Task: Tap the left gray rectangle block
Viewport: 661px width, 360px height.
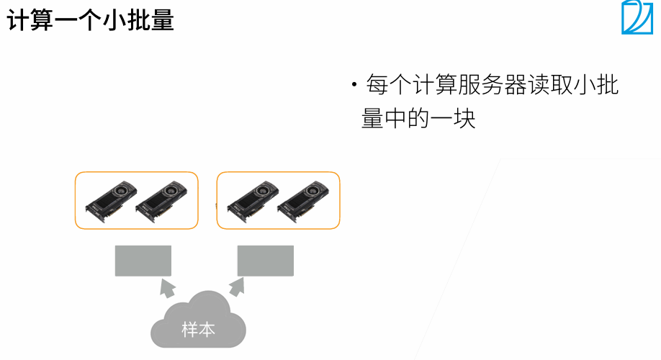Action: (x=143, y=261)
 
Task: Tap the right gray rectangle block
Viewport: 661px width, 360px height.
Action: (x=266, y=261)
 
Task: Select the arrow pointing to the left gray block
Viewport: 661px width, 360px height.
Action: (x=166, y=289)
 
